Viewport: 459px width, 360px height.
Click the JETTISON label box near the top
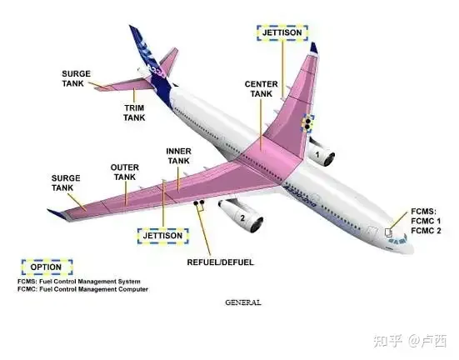(x=282, y=32)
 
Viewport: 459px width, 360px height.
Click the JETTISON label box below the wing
(x=162, y=236)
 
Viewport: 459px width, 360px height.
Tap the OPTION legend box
(x=47, y=267)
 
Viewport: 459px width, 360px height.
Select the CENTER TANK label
(x=261, y=89)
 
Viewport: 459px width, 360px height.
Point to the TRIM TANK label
(x=134, y=112)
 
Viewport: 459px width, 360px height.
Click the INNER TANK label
(x=178, y=156)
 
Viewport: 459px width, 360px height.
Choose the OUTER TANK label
(x=125, y=172)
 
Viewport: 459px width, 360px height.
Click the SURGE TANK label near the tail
(x=76, y=78)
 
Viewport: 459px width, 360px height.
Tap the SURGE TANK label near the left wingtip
(x=66, y=182)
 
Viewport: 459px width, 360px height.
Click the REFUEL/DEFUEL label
(x=220, y=262)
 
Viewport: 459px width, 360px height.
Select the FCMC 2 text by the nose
(x=426, y=231)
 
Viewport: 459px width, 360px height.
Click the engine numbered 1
(x=321, y=152)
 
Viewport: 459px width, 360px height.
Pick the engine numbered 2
(x=242, y=215)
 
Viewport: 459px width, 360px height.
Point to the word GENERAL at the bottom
(x=243, y=302)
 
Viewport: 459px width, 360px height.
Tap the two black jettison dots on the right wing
(x=307, y=123)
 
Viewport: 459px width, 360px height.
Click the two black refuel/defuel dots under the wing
(x=199, y=202)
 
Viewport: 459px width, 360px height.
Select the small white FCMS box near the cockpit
(x=388, y=232)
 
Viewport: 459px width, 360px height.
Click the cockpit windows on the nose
(x=398, y=240)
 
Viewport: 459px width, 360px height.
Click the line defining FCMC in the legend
(x=82, y=289)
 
